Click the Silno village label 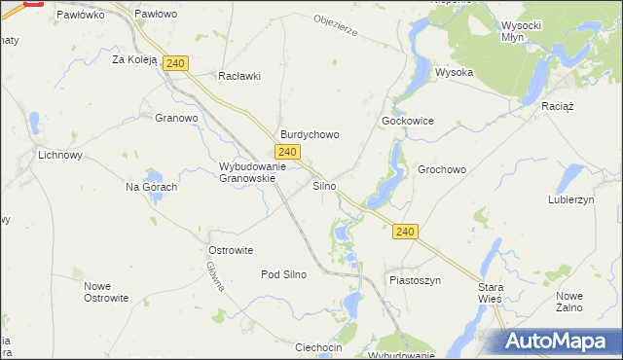coord(324,185)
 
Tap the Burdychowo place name coord(310,134)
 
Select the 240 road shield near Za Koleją coord(175,63)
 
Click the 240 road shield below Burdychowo coord(286,152)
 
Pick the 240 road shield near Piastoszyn coord(407,232)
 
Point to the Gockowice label coord(407,121)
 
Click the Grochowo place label coord(442,169)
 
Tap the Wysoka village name coord(454,72)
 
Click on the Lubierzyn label coord(570,198)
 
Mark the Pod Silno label coord(283,274)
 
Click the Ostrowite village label coord(231,250)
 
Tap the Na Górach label coord(151,187)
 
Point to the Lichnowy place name coord(59,155)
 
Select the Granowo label coord(176,119)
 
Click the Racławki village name coord(239,76)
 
